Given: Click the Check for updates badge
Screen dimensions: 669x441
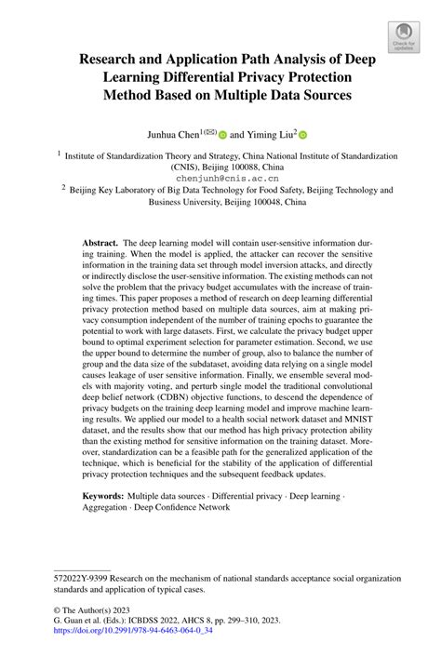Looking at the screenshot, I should (x=403, y=37).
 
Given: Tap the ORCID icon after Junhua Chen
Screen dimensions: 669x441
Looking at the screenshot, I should (x=223, y=134).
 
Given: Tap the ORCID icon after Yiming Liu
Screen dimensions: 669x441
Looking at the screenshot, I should (x=303, y=134).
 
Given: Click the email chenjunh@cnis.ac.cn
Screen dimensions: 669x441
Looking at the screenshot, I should (x=220, y=175).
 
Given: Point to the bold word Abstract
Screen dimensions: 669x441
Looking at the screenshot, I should (x=103, y=240).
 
